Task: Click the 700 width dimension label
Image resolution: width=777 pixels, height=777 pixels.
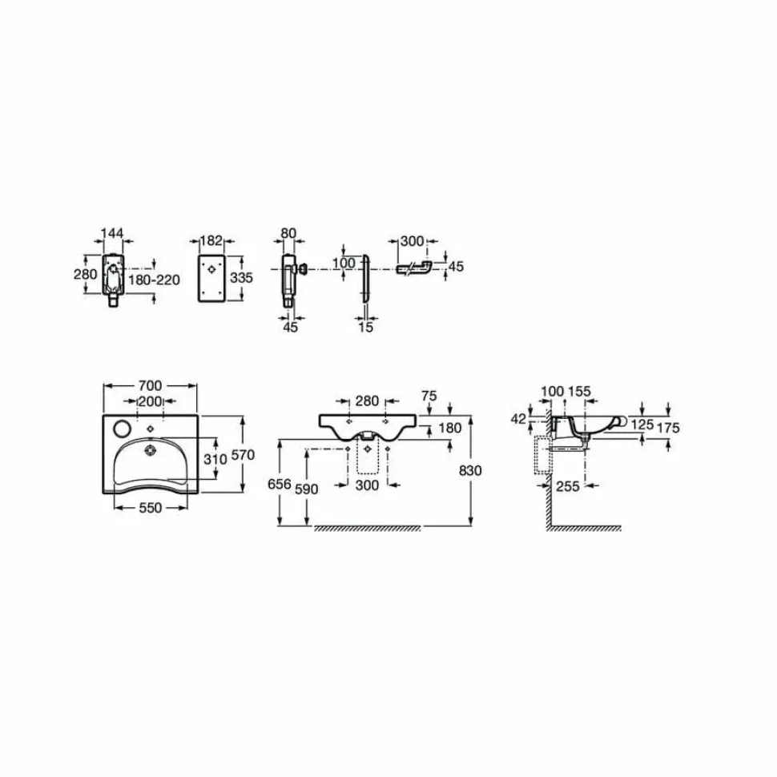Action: [150, 385]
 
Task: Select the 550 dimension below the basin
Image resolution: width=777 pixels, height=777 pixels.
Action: [150, 508]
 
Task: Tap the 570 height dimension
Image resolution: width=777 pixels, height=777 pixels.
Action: [243, 455]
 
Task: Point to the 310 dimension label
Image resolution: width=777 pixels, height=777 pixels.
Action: [215, 459]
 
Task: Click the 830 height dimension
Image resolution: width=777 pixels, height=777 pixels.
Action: [470, 470]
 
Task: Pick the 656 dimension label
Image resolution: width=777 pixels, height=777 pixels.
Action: [280, 484]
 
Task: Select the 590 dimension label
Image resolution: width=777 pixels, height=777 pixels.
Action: [306, 489]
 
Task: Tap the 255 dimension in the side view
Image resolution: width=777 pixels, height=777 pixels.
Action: [568, 486]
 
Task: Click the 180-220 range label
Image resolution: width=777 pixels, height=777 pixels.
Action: [154, 280]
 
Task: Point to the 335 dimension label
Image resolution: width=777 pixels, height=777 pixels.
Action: [241, 278]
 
